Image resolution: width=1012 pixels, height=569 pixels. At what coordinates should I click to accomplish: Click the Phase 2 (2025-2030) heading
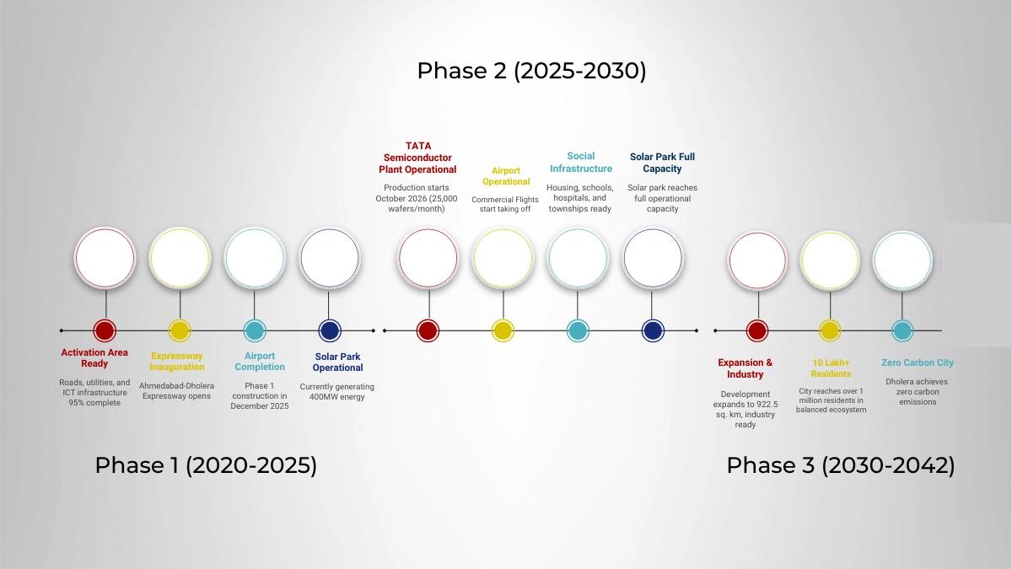[531, 72]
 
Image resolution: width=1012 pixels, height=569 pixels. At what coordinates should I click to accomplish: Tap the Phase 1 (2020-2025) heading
[206, 465]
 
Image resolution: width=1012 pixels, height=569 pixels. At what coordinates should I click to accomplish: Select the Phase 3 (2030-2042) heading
[841, 465]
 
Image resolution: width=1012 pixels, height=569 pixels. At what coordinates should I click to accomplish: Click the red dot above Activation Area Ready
[105, 330]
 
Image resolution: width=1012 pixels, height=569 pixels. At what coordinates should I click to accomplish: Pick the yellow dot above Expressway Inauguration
[180, 330]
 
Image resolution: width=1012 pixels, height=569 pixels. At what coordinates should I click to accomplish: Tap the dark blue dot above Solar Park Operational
[330, 330]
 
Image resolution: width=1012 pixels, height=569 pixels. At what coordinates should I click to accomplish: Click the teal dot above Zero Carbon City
[902, 330]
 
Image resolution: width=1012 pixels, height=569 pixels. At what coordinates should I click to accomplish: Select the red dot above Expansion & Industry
[757, 330]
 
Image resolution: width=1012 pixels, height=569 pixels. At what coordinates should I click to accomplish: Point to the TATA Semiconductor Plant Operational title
[417, 158]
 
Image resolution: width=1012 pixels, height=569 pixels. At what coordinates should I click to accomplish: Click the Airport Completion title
[260, 362]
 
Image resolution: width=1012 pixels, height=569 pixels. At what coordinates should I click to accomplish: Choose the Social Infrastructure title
[581, 162]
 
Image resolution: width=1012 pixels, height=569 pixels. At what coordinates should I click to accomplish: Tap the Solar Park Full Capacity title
[662, 163]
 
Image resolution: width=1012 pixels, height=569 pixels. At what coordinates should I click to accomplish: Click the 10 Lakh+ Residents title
[831, 368]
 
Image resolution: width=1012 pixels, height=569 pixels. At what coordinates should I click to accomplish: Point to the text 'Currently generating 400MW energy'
[337, 391]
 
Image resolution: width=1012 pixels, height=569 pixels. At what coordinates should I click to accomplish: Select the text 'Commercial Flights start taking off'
[505, 204]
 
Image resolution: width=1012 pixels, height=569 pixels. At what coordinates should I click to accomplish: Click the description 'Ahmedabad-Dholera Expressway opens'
[176, 390]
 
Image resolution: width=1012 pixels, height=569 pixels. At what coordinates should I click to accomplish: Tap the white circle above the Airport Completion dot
[255, 258]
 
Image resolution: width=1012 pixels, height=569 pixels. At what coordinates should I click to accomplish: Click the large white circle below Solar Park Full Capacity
[653, 258]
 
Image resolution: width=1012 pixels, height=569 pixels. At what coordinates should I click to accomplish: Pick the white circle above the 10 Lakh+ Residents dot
[830, 260]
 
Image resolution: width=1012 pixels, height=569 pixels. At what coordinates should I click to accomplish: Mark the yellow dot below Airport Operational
[503, 330]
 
